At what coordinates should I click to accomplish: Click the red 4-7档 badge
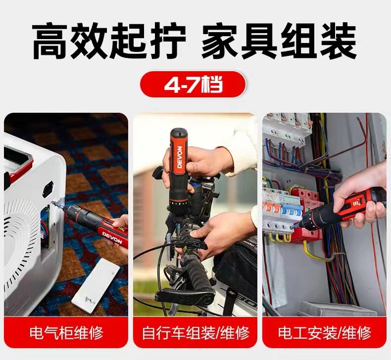point(193,84)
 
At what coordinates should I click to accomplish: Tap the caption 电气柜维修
point(66,332)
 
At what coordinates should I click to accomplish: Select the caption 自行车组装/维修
point(195,332)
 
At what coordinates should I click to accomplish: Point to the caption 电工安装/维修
point(325,332)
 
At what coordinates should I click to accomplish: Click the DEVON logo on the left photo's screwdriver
point(112,238)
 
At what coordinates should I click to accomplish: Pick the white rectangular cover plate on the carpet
point(96,285)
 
